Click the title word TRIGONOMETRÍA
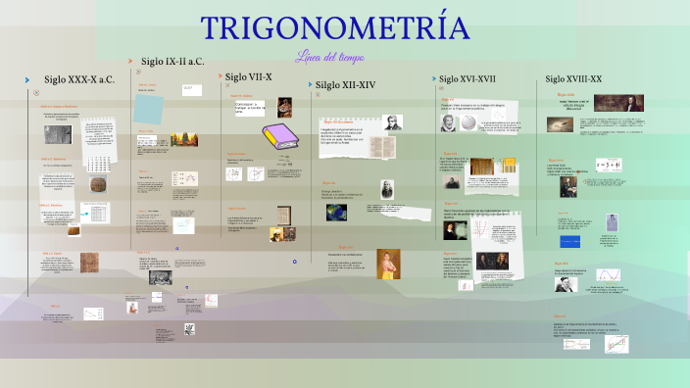click(x=335, y=28)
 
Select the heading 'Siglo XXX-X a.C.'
click(x=79, y=80)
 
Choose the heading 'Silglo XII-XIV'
click(x=345, y=85)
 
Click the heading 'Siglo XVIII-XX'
click(x=573, y=78)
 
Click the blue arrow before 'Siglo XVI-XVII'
click(x=432, y=78)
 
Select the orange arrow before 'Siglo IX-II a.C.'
click(x=130, y=61)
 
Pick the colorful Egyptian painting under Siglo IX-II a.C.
click(x=183, y=139)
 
